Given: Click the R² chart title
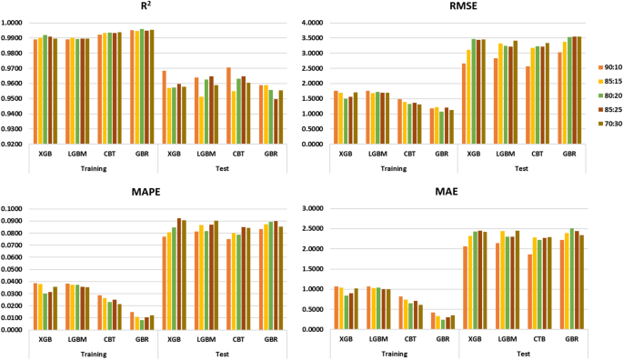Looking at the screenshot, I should (146, 7).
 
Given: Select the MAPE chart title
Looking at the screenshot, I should (146, 192).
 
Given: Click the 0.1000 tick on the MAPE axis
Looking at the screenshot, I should (15, 209).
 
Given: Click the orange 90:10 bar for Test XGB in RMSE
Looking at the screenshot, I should (464, 103).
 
